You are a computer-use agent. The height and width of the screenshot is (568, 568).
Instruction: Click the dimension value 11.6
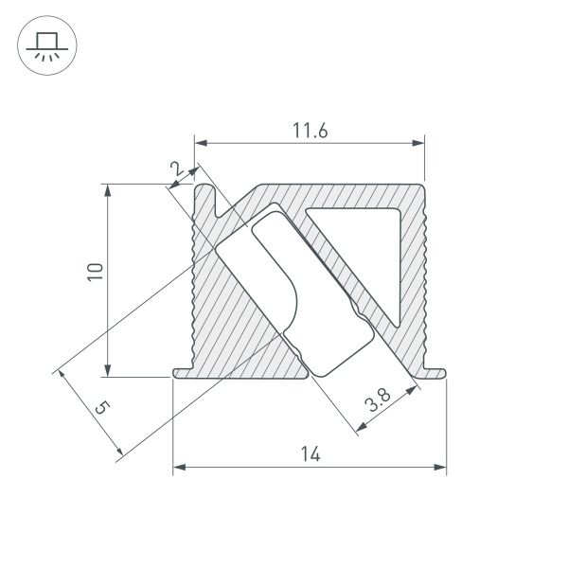(310, 132)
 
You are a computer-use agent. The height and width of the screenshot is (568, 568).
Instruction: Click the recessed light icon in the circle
(44, 46)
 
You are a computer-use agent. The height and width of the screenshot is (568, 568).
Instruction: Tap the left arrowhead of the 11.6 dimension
(201, 144)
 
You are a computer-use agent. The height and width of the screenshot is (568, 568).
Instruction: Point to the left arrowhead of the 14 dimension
(179, 467)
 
